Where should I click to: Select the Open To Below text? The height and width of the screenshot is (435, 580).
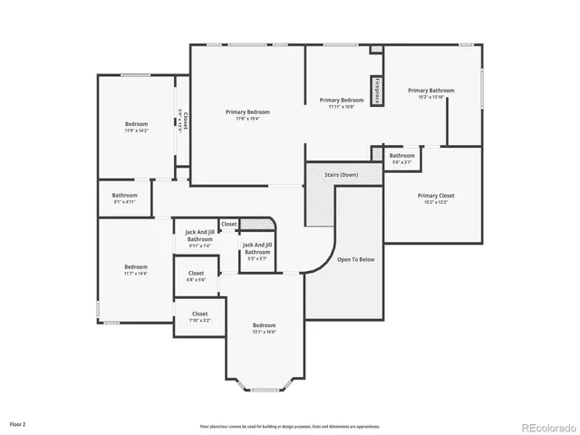click(355, 259)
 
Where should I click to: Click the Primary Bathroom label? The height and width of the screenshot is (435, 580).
click(430, 91)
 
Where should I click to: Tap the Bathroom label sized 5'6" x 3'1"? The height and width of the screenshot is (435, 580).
click(402, 156)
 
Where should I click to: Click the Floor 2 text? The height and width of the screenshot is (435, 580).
click(18, 423)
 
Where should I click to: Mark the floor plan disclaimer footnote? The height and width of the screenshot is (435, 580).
click(290, 426)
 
